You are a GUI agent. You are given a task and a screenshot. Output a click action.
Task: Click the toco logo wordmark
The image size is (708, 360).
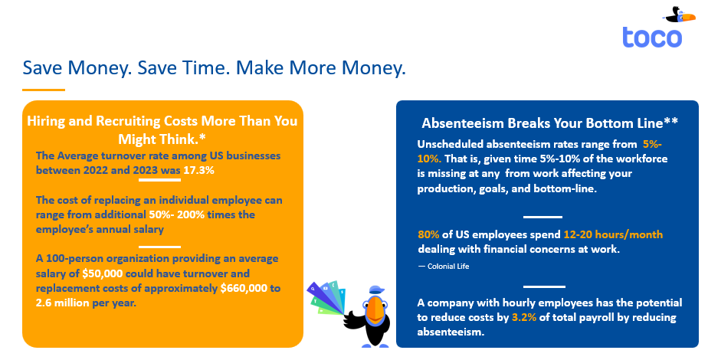[x=652, y=38]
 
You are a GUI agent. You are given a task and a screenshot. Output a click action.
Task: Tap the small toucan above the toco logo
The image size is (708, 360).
[x=678, y=15]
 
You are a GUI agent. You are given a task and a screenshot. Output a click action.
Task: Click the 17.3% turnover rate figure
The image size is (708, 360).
[x=198, y=171]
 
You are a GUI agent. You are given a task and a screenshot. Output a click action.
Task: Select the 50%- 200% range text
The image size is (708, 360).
[x=177, y=214]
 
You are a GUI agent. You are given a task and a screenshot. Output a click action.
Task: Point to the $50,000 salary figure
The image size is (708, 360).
[x=102, y=274]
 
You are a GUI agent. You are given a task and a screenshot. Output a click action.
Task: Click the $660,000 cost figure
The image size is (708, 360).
[x=244, y=288]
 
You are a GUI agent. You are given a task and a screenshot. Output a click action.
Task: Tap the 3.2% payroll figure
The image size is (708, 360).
[x=524, y=318]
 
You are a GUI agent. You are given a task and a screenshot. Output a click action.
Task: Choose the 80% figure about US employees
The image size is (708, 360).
[x=428, y=234]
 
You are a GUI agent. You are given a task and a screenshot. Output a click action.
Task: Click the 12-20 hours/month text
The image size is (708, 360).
[x=613, y=234]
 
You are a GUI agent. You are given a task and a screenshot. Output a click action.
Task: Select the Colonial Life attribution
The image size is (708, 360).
[x=444, y=267]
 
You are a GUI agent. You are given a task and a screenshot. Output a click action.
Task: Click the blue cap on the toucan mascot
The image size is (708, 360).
[x=376, y=290]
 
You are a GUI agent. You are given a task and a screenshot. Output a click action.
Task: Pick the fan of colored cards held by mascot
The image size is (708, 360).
[x=327, y=298]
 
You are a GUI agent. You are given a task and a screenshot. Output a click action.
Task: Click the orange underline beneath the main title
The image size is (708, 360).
[x=44, y=90]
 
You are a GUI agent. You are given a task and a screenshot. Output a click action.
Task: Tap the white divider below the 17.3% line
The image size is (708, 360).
[x=159, y=180]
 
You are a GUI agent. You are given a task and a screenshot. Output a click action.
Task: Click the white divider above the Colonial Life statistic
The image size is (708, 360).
[x=542, y=217]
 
